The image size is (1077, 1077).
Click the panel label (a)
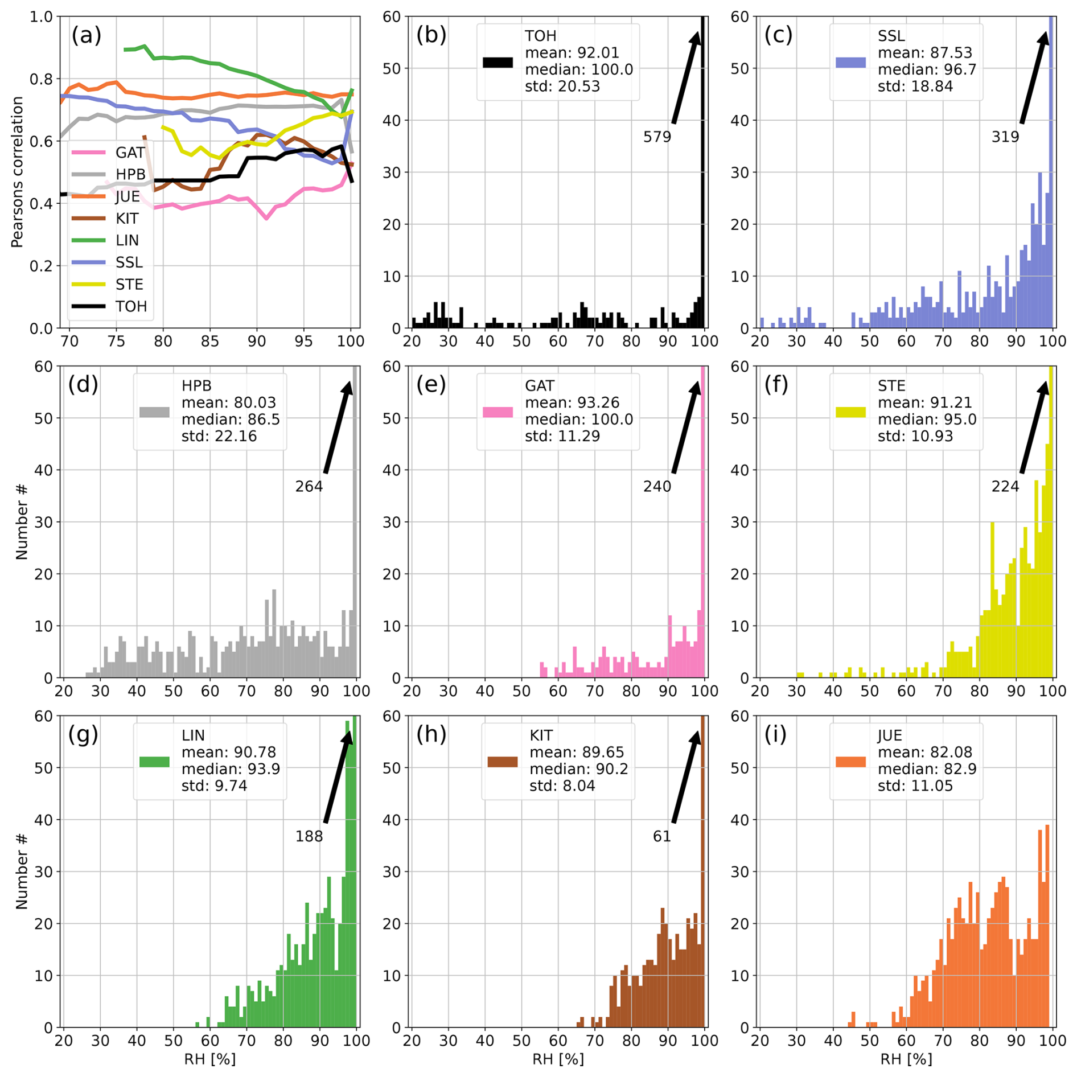86,35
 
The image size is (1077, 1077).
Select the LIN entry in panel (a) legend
127,240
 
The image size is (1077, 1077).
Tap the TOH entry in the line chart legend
131,306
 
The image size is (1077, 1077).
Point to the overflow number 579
657,137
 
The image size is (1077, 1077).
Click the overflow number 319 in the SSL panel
1005,137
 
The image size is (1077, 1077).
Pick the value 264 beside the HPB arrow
309,487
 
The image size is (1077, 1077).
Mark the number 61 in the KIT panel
661,836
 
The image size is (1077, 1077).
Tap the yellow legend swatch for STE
850,412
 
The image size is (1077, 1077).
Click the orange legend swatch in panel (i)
850,762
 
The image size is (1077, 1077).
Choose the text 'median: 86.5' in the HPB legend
231,420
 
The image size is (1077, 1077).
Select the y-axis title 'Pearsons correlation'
17,172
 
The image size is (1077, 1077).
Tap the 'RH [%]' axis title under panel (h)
558,1059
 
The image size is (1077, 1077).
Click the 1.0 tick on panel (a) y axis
41,17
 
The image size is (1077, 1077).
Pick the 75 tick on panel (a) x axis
116,342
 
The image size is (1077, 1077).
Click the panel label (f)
778,385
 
